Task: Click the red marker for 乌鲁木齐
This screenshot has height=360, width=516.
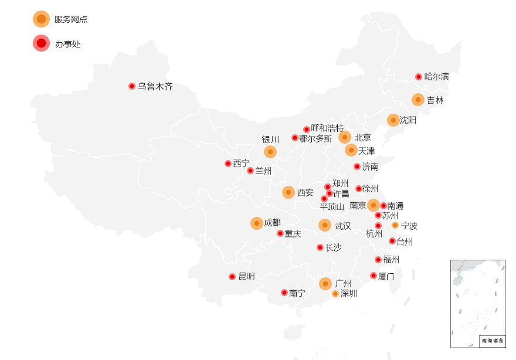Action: pos(132,86)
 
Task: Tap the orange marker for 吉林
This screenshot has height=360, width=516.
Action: pos(418,100)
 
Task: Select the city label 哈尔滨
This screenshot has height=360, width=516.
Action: pos(436,76)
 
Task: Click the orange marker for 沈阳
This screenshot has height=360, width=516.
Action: pos(393,120)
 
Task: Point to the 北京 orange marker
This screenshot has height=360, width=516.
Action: pos(345,137)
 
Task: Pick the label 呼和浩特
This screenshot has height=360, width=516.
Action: pos(327,128)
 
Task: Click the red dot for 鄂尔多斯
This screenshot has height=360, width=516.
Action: pos(295,138)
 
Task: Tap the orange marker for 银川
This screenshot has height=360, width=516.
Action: pos(270,152)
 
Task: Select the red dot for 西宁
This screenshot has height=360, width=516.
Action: pos(228,164)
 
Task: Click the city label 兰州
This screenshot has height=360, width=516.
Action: pos(263,171)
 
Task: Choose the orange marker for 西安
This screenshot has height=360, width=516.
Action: pos(288,192)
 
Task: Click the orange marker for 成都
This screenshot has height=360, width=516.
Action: pos(257,223)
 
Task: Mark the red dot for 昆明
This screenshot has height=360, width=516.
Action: pos(232,277)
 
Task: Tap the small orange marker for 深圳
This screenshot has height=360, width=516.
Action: pos(335,294)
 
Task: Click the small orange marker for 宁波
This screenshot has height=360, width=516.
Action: pos(395,225)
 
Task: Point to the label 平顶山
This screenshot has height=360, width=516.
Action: pos(332,206)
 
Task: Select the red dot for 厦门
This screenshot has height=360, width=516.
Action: pos(374,276)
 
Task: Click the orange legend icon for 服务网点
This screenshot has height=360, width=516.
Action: pos(41,19)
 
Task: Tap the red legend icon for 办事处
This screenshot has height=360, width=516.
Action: pos(41,43)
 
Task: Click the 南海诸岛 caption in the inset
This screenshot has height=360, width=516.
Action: pos(492,341)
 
